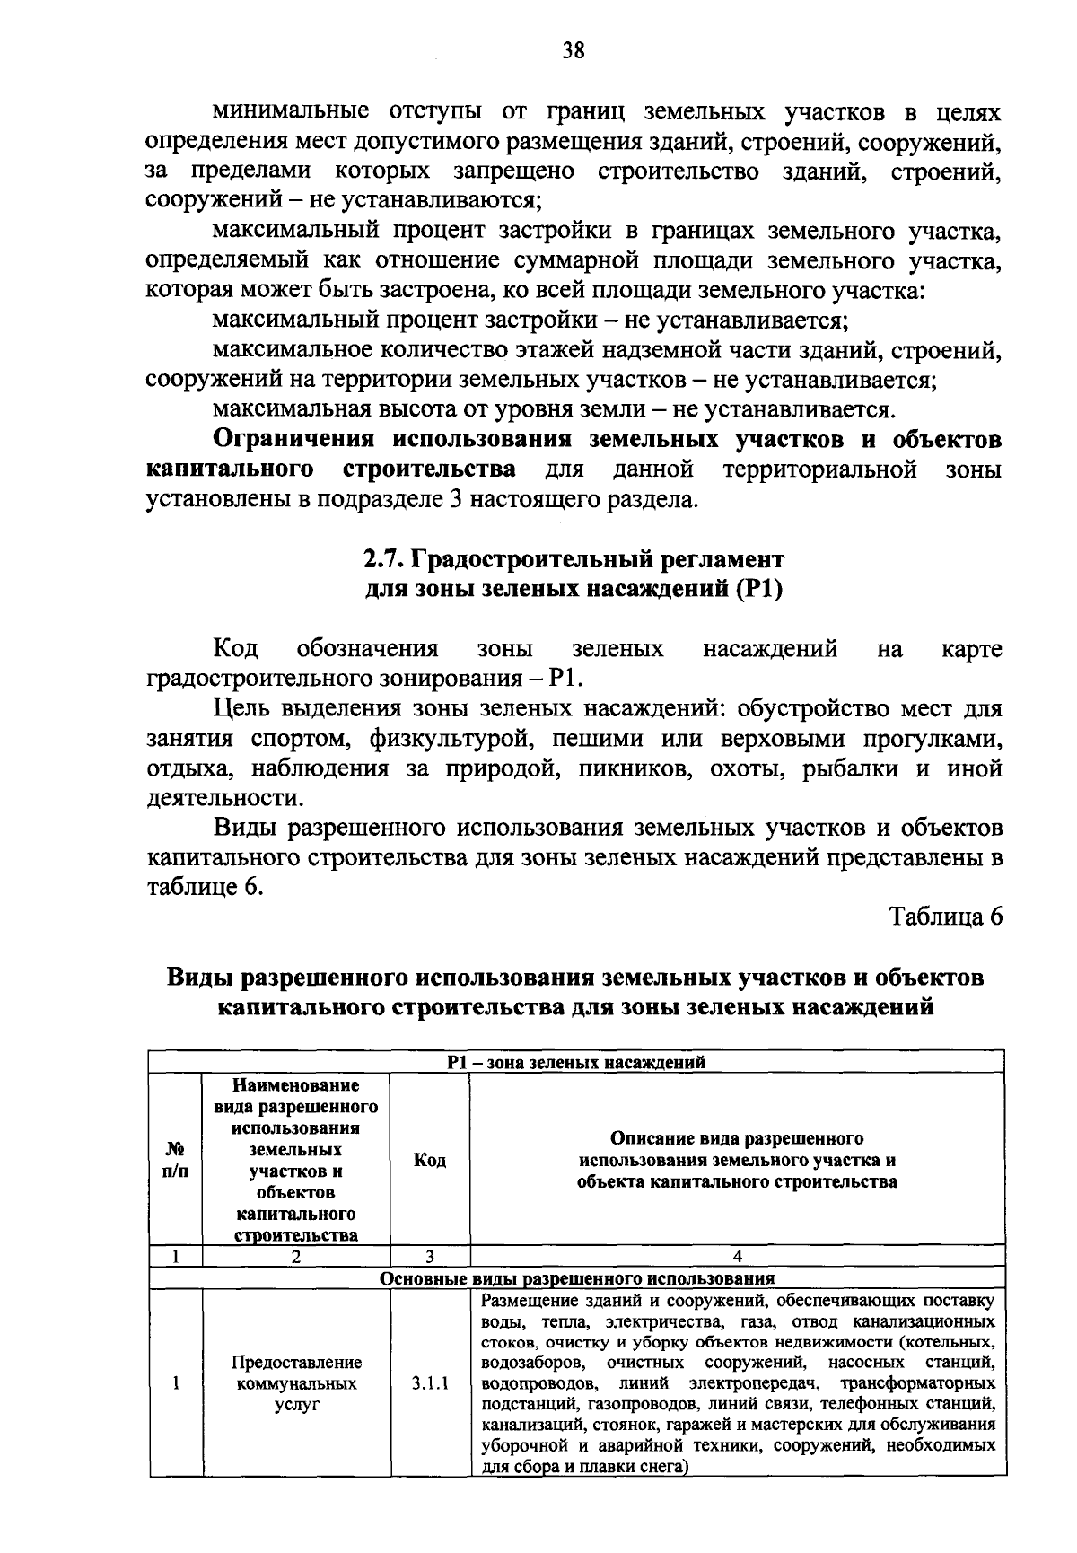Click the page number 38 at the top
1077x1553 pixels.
pos(574,51)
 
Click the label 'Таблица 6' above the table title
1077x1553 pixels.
pos(945,917)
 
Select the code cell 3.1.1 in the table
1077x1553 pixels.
pos(430,1383)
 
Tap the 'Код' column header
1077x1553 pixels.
pos(430,1161)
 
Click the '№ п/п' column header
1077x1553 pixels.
pos(176,1161)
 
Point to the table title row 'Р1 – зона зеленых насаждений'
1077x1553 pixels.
pos(576,1063)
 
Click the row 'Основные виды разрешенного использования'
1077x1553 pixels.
pos(576,1278)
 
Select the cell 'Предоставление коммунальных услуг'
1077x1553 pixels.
pos(296,1383)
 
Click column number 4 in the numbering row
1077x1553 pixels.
pos(737,1257)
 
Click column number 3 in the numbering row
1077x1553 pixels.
pos(430,1257)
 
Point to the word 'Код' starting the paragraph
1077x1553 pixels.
pos(236,649)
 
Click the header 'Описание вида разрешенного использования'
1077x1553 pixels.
pos(737,1161)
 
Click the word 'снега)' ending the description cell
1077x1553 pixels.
pos(659,1468)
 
